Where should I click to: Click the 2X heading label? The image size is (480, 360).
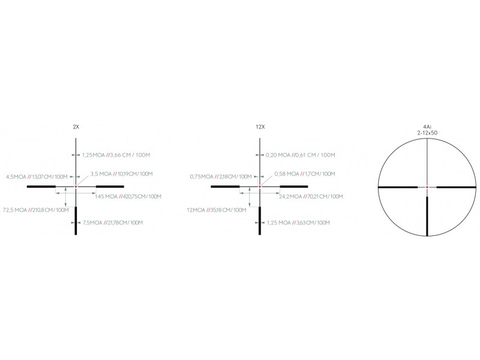pyautogui.click(x=76, y=127)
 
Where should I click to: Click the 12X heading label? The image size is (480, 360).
pyautogui.click(x=260, y=127)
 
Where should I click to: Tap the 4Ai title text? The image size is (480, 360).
pyautogui.click(x=427, y=127)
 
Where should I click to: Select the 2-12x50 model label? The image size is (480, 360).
pyautogui.click(x=427, y=133)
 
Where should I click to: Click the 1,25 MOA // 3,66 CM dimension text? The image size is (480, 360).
pyautogui.click(x=116, y=155)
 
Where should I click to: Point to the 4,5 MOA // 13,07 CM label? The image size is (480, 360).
pyautogui.click(x=37, y=176)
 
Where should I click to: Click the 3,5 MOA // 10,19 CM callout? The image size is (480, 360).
pyautogui.click(x=121, y=174)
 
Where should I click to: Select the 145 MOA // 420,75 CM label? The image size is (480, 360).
pyautogui.click(x=128, y=197)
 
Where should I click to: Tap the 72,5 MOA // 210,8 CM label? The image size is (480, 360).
pyautogui.click(x=35, y=210)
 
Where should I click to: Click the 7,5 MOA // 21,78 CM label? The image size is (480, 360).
pyautogui.click(x=113, y=223)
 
